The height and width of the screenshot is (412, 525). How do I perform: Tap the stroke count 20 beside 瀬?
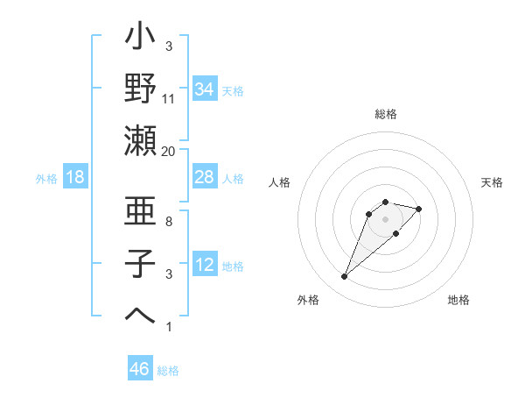click(x=169, y=152)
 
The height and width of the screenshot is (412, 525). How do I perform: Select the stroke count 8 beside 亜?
click(x=169, y=222)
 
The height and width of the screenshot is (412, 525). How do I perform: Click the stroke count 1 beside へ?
click(x=169, y=327)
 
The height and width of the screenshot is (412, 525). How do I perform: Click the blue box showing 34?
click(x=204, y=89)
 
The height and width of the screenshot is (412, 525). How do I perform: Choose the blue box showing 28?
click(x=204, y=177)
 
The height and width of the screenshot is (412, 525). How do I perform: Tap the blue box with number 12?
click(x=204, y=265)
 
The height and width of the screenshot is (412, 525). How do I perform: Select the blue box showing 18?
click(x=75, y=177)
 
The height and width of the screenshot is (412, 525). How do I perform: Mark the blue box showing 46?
click(x=139, y=369)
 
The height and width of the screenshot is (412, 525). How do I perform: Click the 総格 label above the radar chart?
click(x=386, y=114)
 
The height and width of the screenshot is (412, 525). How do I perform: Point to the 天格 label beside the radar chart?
click(x=492, y=182)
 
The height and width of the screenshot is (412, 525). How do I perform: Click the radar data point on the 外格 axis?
click(x=344, y=277)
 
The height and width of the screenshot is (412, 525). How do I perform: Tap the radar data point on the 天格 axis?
click(x=419, y=209)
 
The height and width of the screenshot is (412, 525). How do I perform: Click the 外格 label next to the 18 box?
click(x=46, y=178)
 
